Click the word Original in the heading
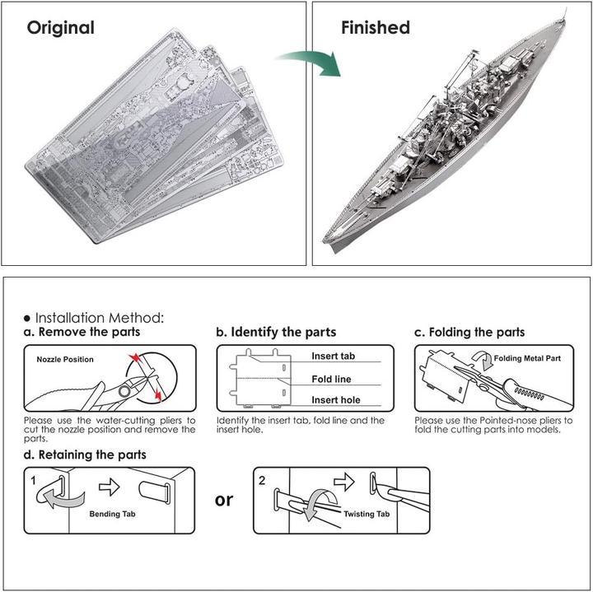[60, 27]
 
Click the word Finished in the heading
[375, 27]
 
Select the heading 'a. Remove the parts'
[82, 332]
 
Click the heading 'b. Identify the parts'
[276, 332]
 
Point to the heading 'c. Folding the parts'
[469, 332]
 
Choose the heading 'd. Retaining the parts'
[85, 454]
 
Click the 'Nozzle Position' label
[65, 360]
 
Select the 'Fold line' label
[332, 379]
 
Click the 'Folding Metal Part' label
[528, 360]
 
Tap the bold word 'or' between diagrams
[223, 499]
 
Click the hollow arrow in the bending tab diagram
[109, 487]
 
